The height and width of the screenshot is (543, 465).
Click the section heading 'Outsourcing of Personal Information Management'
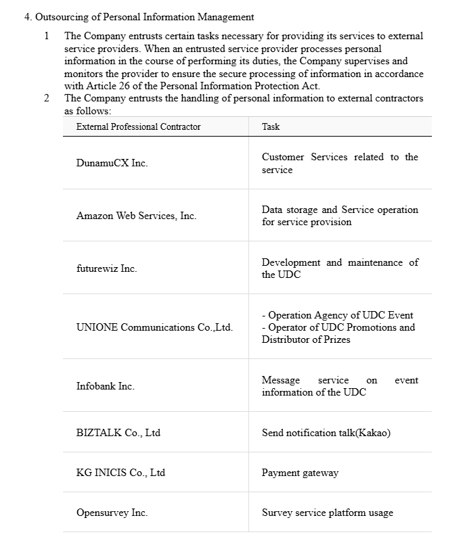(x=144, y=17)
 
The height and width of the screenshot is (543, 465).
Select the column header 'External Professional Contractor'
(x=138, y=126)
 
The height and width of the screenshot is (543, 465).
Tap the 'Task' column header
(x=271, y=126)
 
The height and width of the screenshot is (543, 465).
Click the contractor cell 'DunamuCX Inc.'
(x=112, y=163)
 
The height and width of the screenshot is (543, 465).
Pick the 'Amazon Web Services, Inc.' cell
(x=136, y=216)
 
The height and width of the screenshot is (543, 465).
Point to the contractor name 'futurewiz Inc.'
(x=106, y=268)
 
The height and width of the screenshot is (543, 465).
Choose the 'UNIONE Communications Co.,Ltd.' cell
(x=154, y=327)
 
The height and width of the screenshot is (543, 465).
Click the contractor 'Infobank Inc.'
(x=105, y=386)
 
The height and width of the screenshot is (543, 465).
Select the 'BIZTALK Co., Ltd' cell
(x=118, y=433)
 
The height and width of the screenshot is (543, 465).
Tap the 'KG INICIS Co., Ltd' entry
(x=120, y=473)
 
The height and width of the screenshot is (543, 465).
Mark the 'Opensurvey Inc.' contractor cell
(x=112, y=513)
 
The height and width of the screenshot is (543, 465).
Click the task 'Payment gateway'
(x=300, y=473)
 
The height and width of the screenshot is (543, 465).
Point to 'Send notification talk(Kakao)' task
(x=326, y=433)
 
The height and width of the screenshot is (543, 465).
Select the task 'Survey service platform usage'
(x=327, y=513)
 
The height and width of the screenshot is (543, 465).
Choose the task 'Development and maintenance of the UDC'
(x=340, y=268)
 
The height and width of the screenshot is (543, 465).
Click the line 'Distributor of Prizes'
(x=306, y=339)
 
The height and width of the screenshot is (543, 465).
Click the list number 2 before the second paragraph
(x=46, y=98)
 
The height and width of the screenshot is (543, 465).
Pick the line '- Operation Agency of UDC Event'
(x=337, y=315)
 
